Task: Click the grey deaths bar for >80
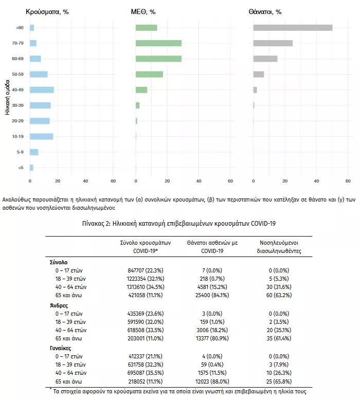293,28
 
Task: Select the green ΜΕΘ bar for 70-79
158,43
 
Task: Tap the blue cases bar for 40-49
42,90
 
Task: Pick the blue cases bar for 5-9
34,152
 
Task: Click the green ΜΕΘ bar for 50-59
149,74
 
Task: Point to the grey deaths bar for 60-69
265,59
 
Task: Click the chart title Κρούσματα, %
47,12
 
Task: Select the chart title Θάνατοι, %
265,12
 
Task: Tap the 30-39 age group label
17,105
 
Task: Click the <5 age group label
21,168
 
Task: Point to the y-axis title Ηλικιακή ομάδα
7,98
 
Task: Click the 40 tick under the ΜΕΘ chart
199,181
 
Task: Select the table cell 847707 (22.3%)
146,270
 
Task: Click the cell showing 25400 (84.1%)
212,295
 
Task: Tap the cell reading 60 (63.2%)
279,295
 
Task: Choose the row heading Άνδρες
59,305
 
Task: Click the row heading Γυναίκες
61,348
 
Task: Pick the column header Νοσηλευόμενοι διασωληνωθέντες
279,247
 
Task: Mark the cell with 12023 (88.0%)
212,381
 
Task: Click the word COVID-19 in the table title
263,224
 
